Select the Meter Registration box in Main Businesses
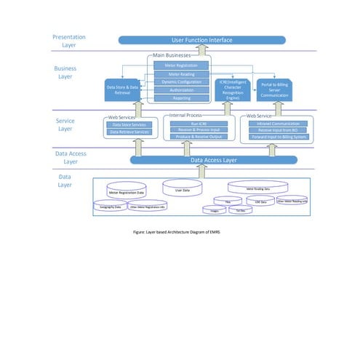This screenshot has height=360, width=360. tap(182, 65)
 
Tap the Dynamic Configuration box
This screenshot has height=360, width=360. tap(182, 81)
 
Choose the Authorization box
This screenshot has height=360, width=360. tap(182, 89)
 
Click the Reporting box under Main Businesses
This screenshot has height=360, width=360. tap(182, 97)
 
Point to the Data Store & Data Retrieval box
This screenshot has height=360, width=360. tap(123, 90)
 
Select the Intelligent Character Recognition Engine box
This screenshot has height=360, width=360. tap(232, 89)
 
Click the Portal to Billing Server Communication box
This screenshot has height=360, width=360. tap(275, 89)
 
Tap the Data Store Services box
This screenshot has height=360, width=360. tap(129, 124)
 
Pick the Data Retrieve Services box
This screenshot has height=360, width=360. tap(129, 132)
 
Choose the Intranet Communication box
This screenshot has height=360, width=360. tap(275, 124)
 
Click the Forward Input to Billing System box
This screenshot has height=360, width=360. tap(275, 137)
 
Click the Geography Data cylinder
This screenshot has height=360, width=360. tap(110, 207)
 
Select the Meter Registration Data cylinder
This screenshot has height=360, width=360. tap(127, 191)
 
